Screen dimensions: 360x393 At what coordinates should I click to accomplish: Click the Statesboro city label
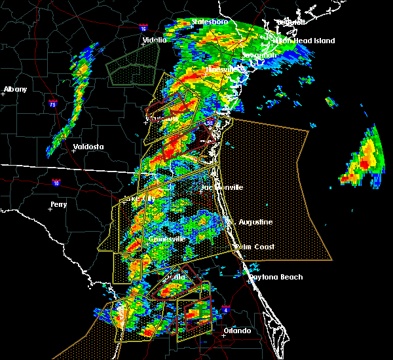pyautogui.click(x=210, y=22)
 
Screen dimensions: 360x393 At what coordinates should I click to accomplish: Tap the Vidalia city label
pyautogui.click(x=155, y=40)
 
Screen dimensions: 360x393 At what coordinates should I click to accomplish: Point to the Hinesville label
pyautogui.click(x=224, y=69)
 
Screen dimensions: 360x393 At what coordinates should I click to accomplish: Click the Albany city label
pyautogui.click(x=16, y=89)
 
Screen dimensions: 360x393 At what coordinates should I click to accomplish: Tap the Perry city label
pyautogui.click(x=58, y=204)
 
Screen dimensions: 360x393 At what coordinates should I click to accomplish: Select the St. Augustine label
pyautogui.click(x=253, y=222)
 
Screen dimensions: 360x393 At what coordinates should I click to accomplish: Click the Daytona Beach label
pyautogui.click(x=275, y=277)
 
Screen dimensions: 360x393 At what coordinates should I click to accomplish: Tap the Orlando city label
pyautogui.click(x=236, y=331)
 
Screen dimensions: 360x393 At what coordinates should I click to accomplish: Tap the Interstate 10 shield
pyautogui.click(x=56, y=183)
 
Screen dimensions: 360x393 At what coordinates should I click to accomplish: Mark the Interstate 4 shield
pyautogui.click(x=226, y=309)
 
